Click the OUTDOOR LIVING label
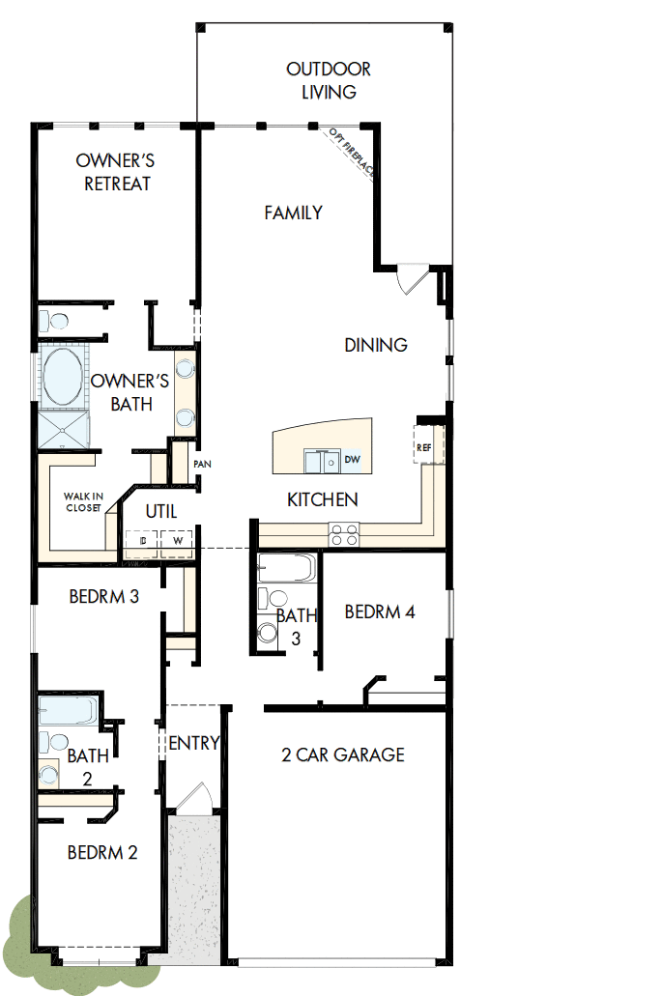328,81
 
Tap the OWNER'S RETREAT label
116,172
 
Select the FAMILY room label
293,213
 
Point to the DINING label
376,345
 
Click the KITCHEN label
323,499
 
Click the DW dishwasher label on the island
352,461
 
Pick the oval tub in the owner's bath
63,378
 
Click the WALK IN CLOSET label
83,500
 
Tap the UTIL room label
160,510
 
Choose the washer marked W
177,542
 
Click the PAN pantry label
202,464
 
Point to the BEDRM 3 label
103,597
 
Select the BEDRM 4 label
380,612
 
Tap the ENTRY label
193,743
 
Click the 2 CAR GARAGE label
342,754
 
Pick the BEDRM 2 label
102,852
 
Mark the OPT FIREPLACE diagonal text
352,151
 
